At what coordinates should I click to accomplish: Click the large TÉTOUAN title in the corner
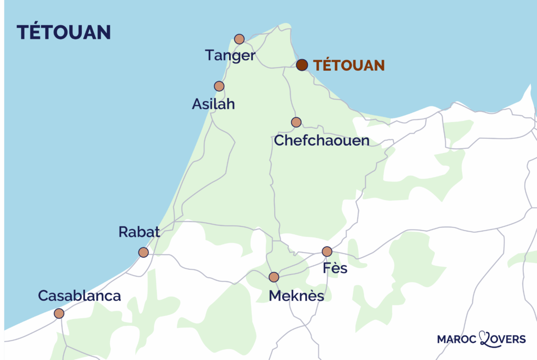point(63,32)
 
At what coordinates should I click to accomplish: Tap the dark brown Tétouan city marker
point(302,65)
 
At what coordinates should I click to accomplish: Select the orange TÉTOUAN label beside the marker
point(349,66)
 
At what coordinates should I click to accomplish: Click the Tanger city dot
point(239,39)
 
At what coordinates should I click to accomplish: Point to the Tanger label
point(230,56)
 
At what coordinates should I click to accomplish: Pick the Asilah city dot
point(219,86)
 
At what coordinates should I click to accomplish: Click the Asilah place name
point(213,104)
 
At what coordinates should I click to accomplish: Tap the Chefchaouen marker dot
point(296,122)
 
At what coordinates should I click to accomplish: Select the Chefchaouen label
point(321,141)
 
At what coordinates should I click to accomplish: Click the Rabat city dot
point(143,253)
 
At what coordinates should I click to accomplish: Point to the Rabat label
point(139,232)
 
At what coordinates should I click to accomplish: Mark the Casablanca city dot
point(59,313)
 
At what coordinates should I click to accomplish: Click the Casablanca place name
point(80,296)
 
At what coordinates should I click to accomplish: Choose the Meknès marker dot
point(274,277)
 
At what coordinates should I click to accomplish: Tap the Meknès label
point(296,296)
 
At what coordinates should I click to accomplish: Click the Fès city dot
point(327,252)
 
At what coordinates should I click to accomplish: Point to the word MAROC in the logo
point(457,340)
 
